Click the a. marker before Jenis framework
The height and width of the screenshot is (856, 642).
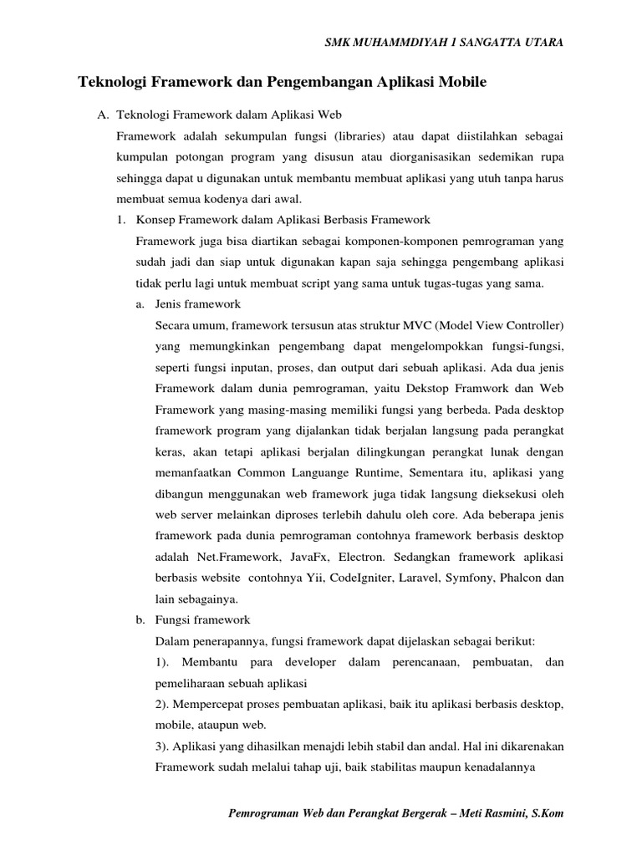point(140,304)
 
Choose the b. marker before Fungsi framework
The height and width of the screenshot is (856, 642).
point(140,619)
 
